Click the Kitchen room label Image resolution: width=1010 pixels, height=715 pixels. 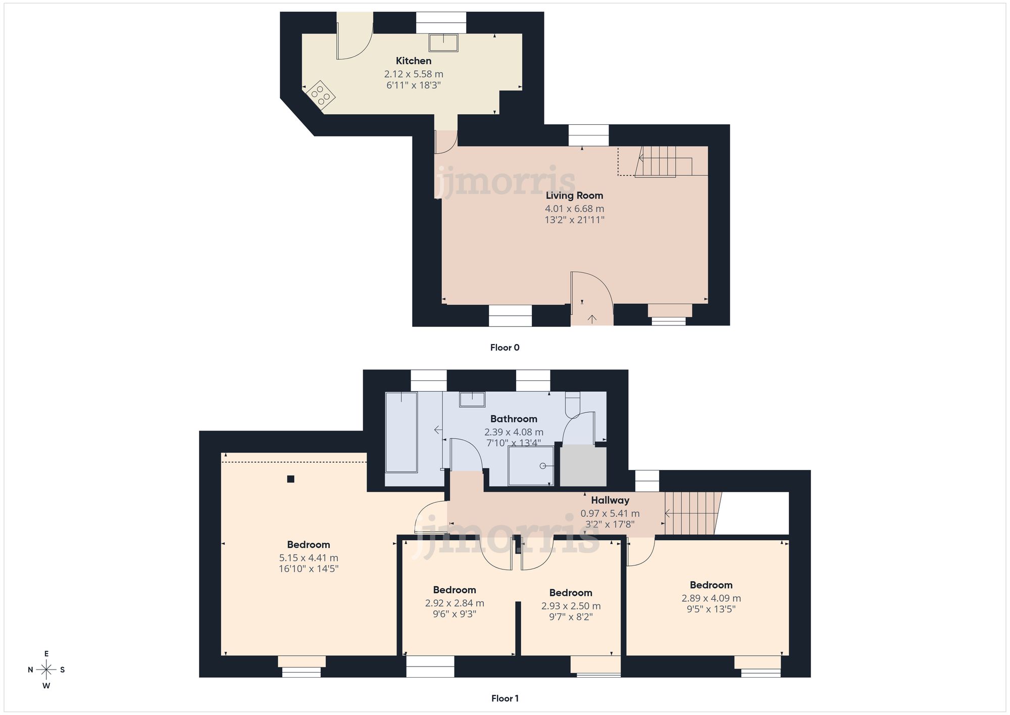tap(413, 61)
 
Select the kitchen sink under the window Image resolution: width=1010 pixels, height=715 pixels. tap(443, 42)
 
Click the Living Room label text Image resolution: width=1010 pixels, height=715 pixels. tap(574, 196)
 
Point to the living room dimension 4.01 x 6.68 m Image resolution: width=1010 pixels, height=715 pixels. tap(574, 208)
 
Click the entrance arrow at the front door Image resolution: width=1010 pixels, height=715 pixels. tap(592, 318)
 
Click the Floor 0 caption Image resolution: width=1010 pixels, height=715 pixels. tap(504, 347)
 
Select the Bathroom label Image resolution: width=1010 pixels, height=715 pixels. tap(514, 418)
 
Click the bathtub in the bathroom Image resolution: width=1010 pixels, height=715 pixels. tap(401, 432)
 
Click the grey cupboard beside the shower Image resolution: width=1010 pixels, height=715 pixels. tap(583, 466)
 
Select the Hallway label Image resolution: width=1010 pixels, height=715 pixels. tap(610, 500)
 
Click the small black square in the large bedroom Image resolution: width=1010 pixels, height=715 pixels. tap(290, 479)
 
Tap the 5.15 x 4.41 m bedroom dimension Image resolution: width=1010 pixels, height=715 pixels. tap(309, 558)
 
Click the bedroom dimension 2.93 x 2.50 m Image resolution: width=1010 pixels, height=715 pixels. tap(571, 606)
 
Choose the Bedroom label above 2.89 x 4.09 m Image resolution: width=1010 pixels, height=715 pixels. tap(711, 585)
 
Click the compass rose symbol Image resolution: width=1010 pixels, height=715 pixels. tap(46, 670)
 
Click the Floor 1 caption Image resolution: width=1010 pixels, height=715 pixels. tap(504, 698)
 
